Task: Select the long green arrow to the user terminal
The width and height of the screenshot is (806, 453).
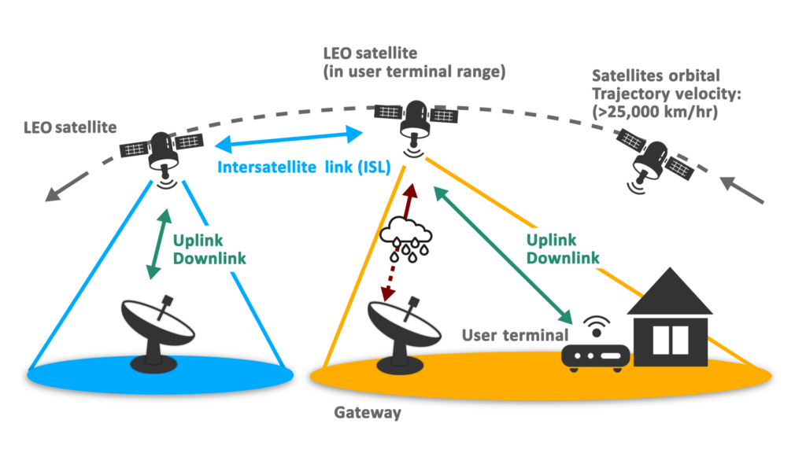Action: (504, 255)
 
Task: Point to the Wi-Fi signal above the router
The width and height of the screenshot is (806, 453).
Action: (595, 324)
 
